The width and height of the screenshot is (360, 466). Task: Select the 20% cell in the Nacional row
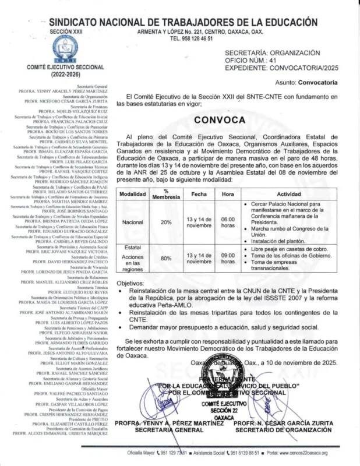(x=166, y=222)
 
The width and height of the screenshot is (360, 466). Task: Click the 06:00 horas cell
(x=228, y=222)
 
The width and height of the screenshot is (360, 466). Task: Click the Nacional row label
(x=133, y=222)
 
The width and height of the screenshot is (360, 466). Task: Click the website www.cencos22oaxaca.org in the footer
(x=298, y=453)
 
